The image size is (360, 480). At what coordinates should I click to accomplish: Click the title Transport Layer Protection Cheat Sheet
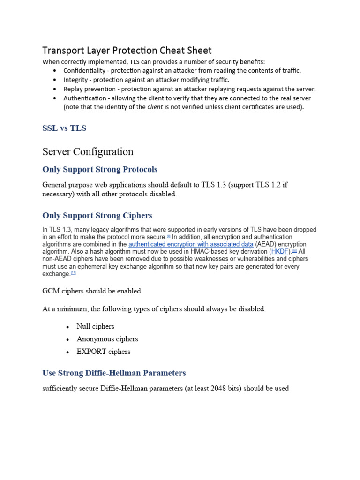[x=127, y=50]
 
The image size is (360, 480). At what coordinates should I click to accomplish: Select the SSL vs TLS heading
[x=64, y=128]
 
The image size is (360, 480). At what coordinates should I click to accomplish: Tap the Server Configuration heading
[x=88, y=151]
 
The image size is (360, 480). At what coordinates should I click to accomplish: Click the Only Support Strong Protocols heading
[x=100, y=169]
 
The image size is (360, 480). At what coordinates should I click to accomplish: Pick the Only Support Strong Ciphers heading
[x=97, y=216]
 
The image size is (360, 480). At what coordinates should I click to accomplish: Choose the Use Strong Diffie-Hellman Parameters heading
[x=114, y=373]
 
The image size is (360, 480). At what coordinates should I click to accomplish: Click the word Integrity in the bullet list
[x=75, y=80]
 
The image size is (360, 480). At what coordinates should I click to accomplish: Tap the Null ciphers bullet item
[x=95, y=326]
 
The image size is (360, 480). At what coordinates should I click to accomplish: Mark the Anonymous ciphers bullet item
[x=107, y=339]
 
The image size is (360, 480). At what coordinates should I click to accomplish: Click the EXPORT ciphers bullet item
[x=104, y=352]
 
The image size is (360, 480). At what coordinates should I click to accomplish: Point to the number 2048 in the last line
[x=218, y=389]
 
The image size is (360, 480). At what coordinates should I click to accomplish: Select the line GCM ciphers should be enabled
[x=91, y=291]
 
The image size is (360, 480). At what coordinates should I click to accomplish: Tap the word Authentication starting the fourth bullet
[x=85, y=98]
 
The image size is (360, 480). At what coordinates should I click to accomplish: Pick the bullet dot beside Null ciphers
[x=68, y=327]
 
